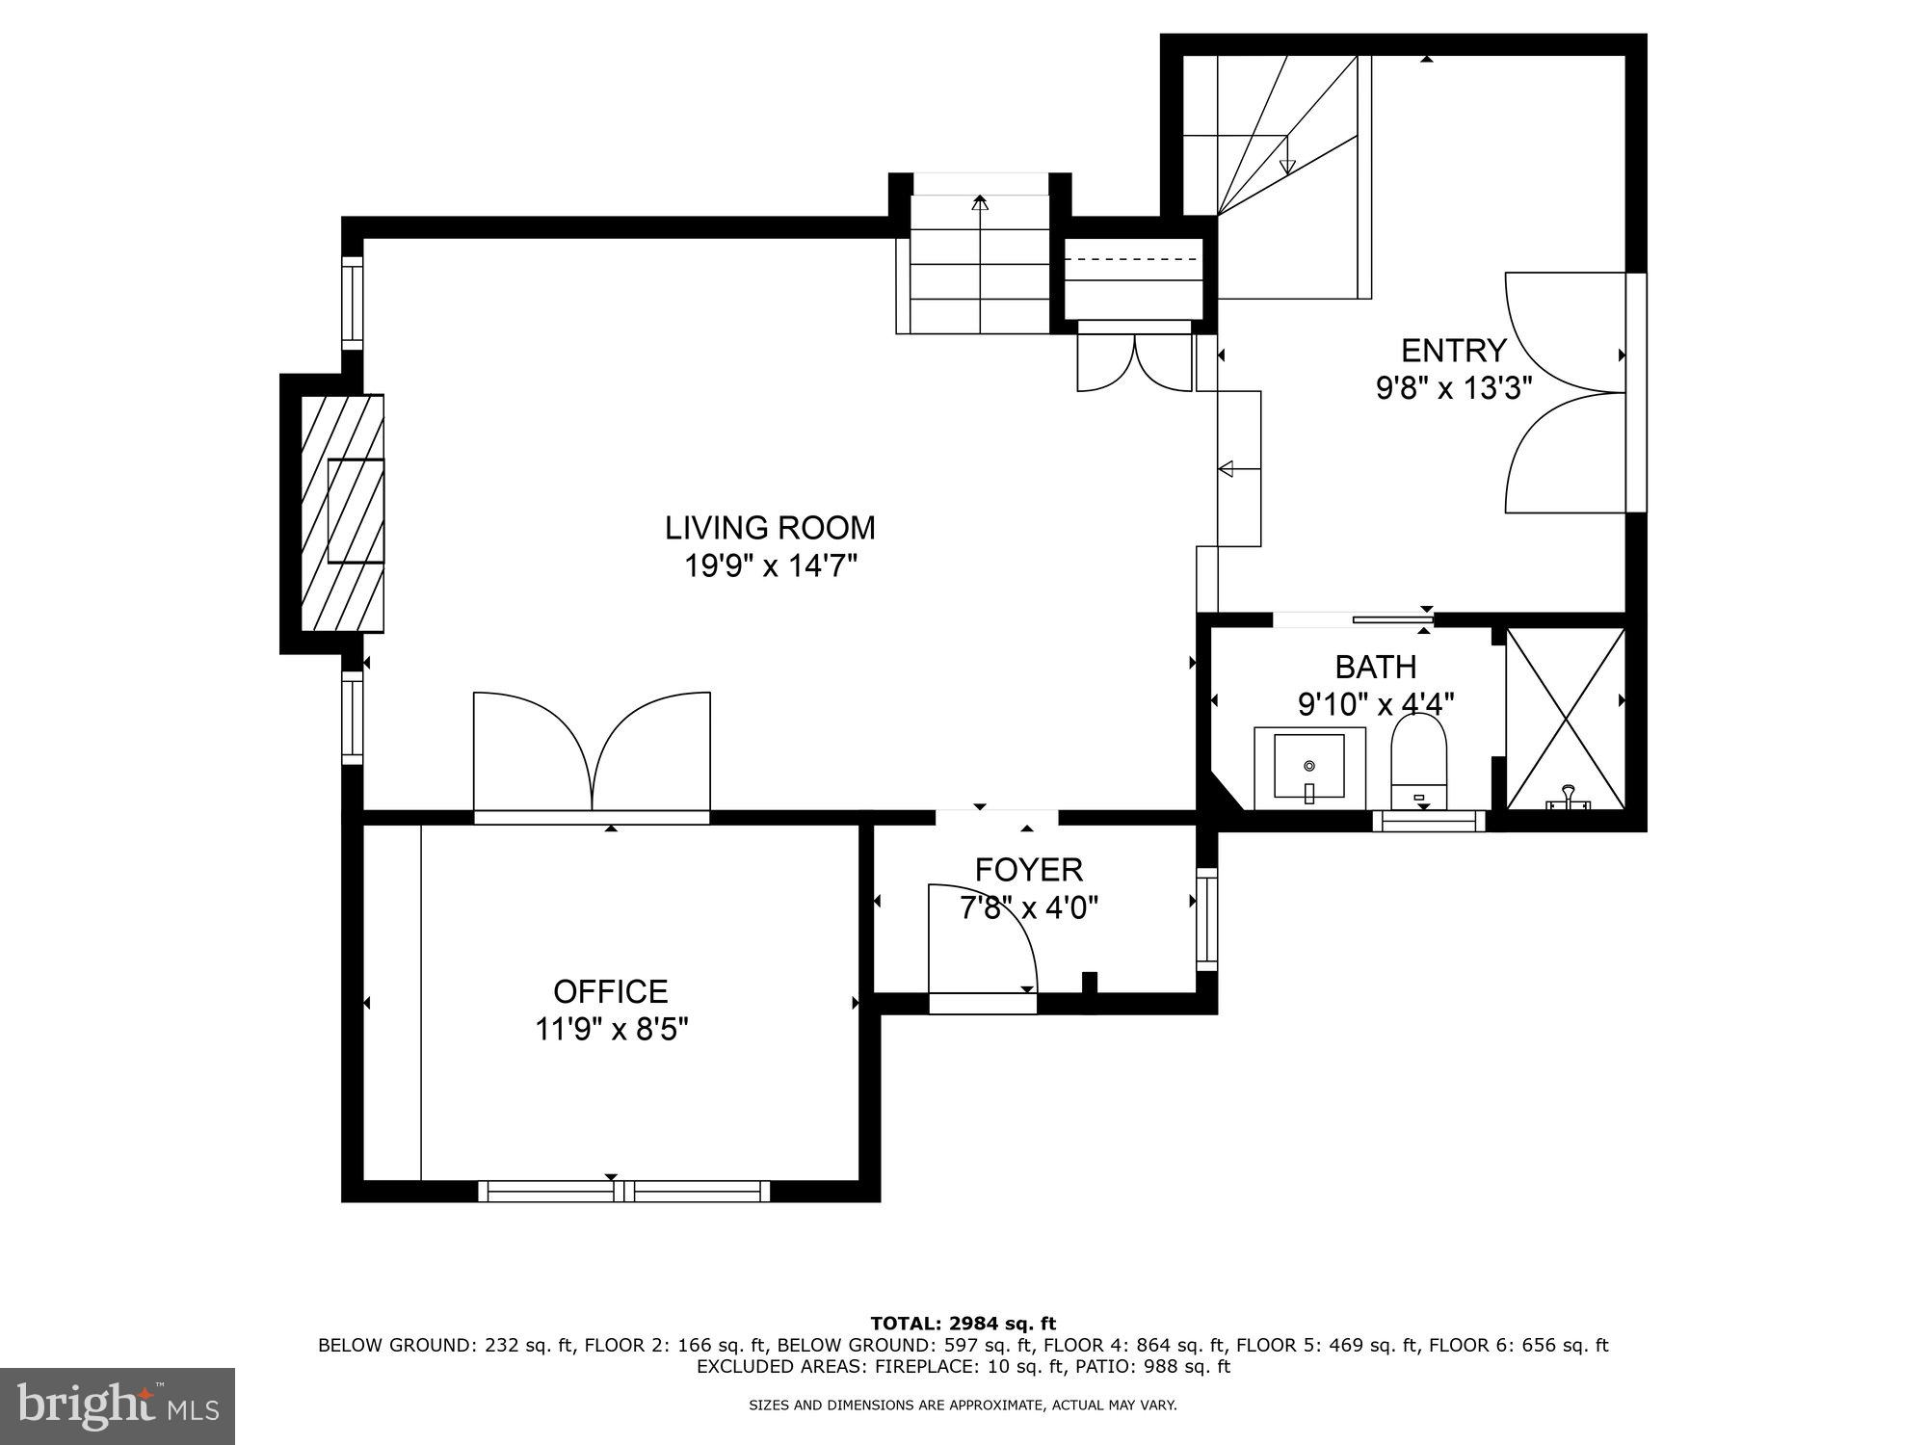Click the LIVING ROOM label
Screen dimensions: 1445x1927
pyautogui.click(x=770, y=528)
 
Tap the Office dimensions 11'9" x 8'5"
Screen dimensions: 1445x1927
pyautogui.click(x=612, y=1030)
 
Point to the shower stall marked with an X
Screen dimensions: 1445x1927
pyautogui.click(x=1565, y=718)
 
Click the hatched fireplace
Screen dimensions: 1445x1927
pyautogui.click(x=342, y=512)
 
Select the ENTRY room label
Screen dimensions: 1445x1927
pyautogui.click(x=1453, y=350)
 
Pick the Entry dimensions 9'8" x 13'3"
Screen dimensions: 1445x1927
pyautogui.click(x=1453, y=388)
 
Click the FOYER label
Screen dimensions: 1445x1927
pyautogui.click(x=1028, y=870)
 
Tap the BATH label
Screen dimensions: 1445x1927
pyautogui.click(x=1375, y=667)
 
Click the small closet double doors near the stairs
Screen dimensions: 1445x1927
pyautogui.click(x=1134, y=363)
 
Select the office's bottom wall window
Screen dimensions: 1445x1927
pyautogui.click(x=624, y=1191)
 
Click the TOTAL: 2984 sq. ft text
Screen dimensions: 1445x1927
pyautogui.click(x=963, y=1323)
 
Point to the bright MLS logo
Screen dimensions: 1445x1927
pyautogui.click(x=117, y=1406)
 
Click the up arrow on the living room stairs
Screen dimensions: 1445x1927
pyautogui.click(x=980, y=203)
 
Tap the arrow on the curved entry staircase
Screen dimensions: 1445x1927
pyautogui.click(x=1287, y=166)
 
